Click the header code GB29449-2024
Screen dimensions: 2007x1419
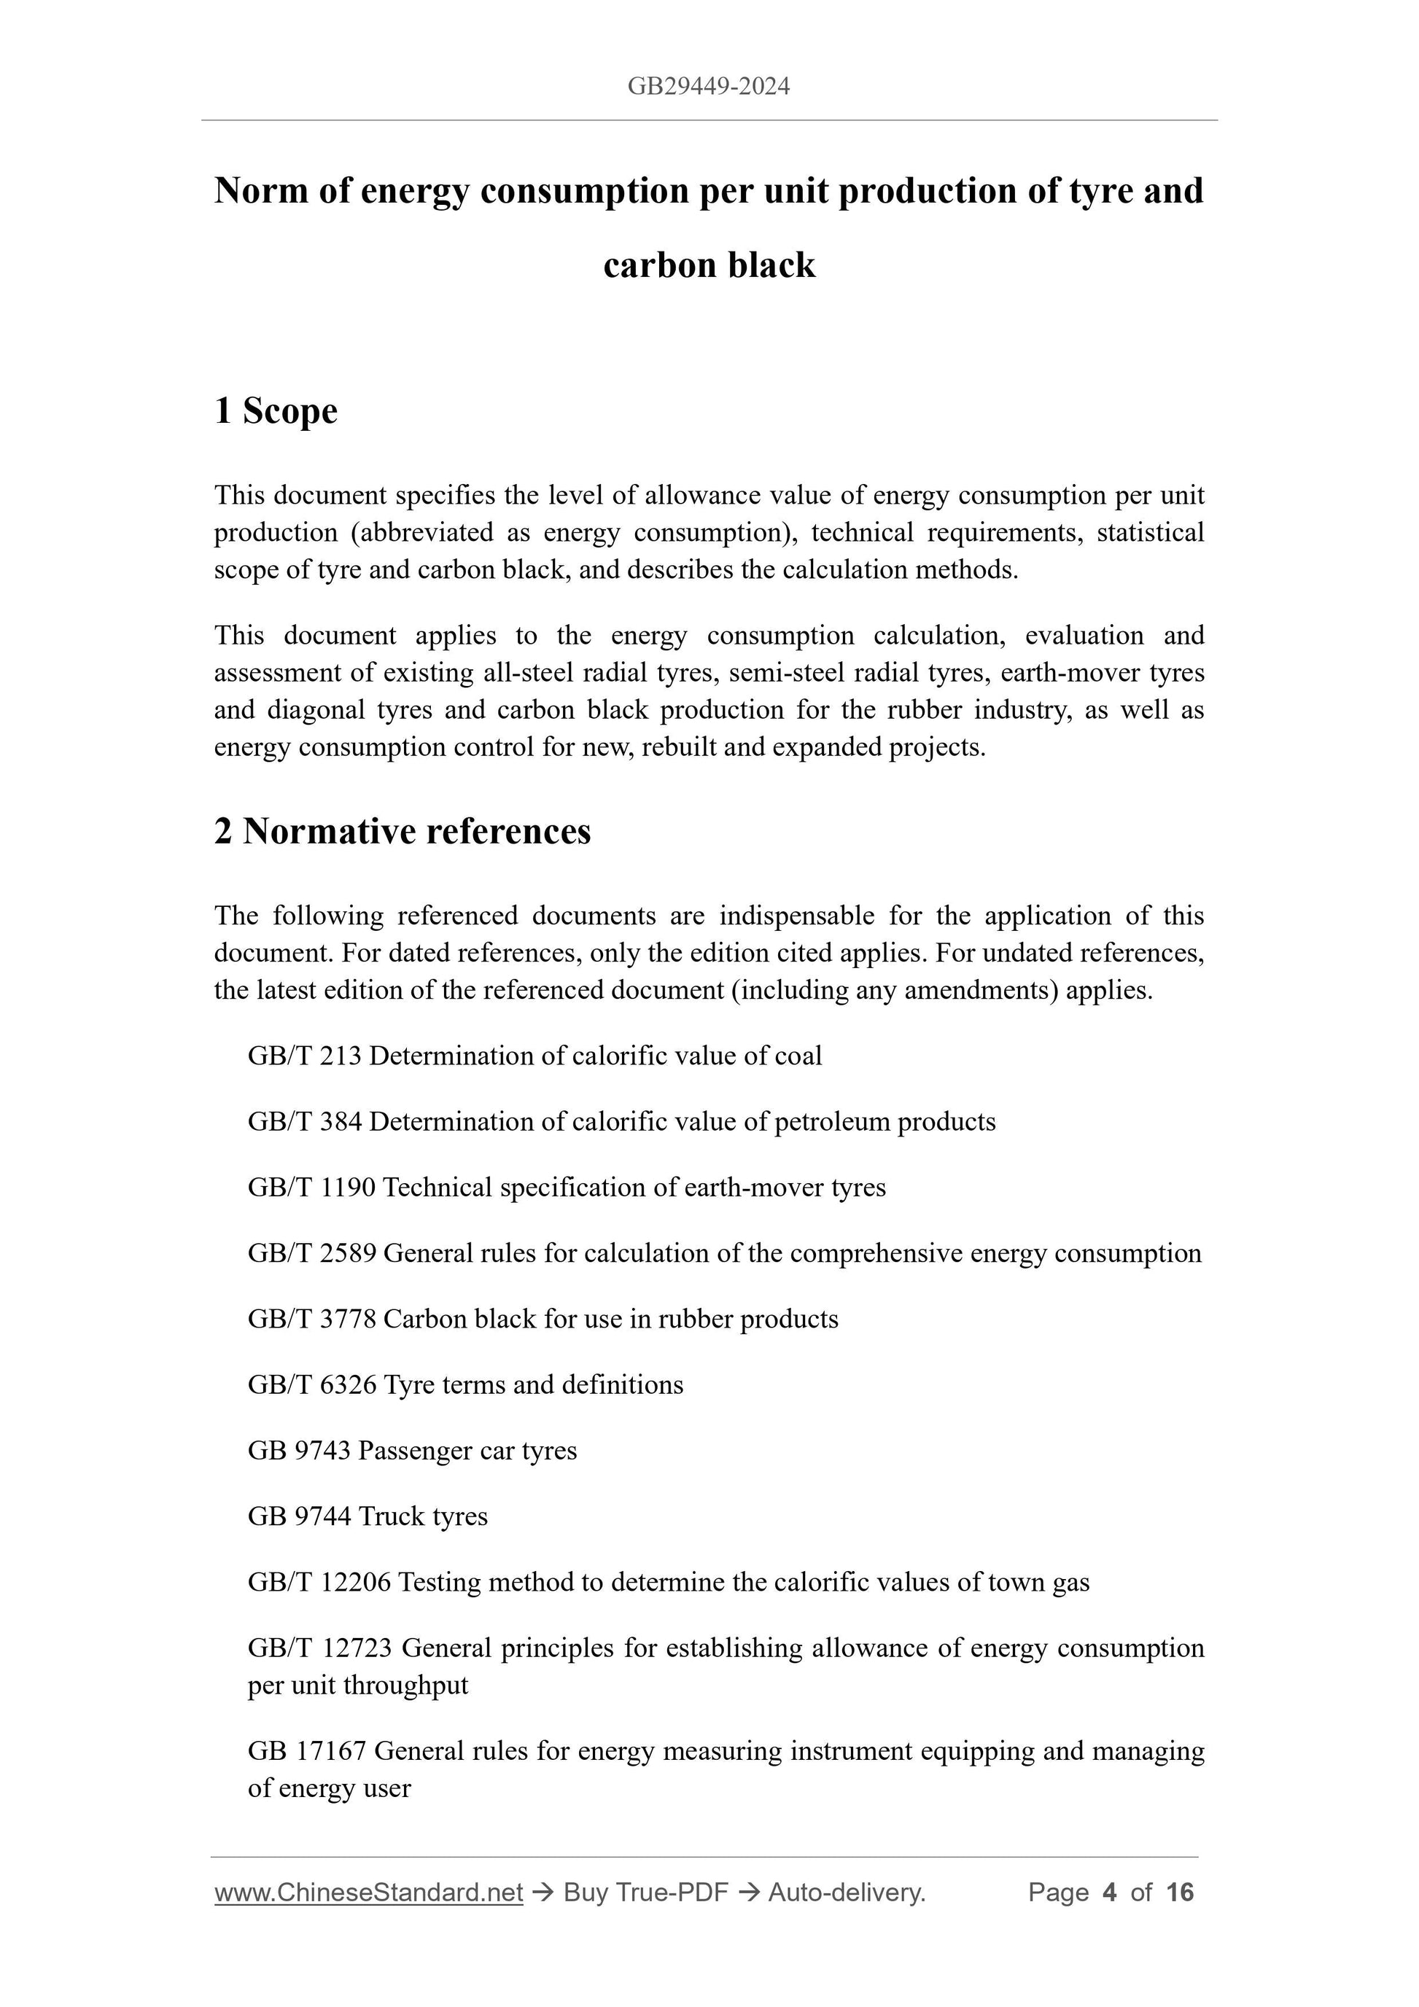tap(708, 86)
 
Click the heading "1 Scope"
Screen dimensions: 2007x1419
tap(276, 411)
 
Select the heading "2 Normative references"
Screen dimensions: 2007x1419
tap(403, 831)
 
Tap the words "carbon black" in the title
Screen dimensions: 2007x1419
tap(709, 265)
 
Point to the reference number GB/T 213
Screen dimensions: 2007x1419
tap(304, 1056)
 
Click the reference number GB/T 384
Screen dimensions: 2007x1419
tap(304, 1121)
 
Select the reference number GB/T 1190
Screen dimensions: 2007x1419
tap(311, 1187)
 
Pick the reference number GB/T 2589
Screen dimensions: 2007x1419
tap(312, 1252)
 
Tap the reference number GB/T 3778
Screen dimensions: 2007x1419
tap(312, 1318)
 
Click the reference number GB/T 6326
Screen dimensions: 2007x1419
tap(312, 1384)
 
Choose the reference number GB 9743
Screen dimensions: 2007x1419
tap(299, 1450)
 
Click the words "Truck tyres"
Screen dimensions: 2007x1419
tap(423, 1516)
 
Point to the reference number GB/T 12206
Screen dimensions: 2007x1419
tap(319, 1582)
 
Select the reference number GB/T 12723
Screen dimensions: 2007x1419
tap(320, 1648)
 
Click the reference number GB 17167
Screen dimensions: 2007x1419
tap(307, 1751)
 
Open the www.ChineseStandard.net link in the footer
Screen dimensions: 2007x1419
tap(368, 1893)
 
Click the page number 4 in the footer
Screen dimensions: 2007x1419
tap(1110, 1893)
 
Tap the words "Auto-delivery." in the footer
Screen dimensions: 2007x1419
tap(847, 1893)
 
